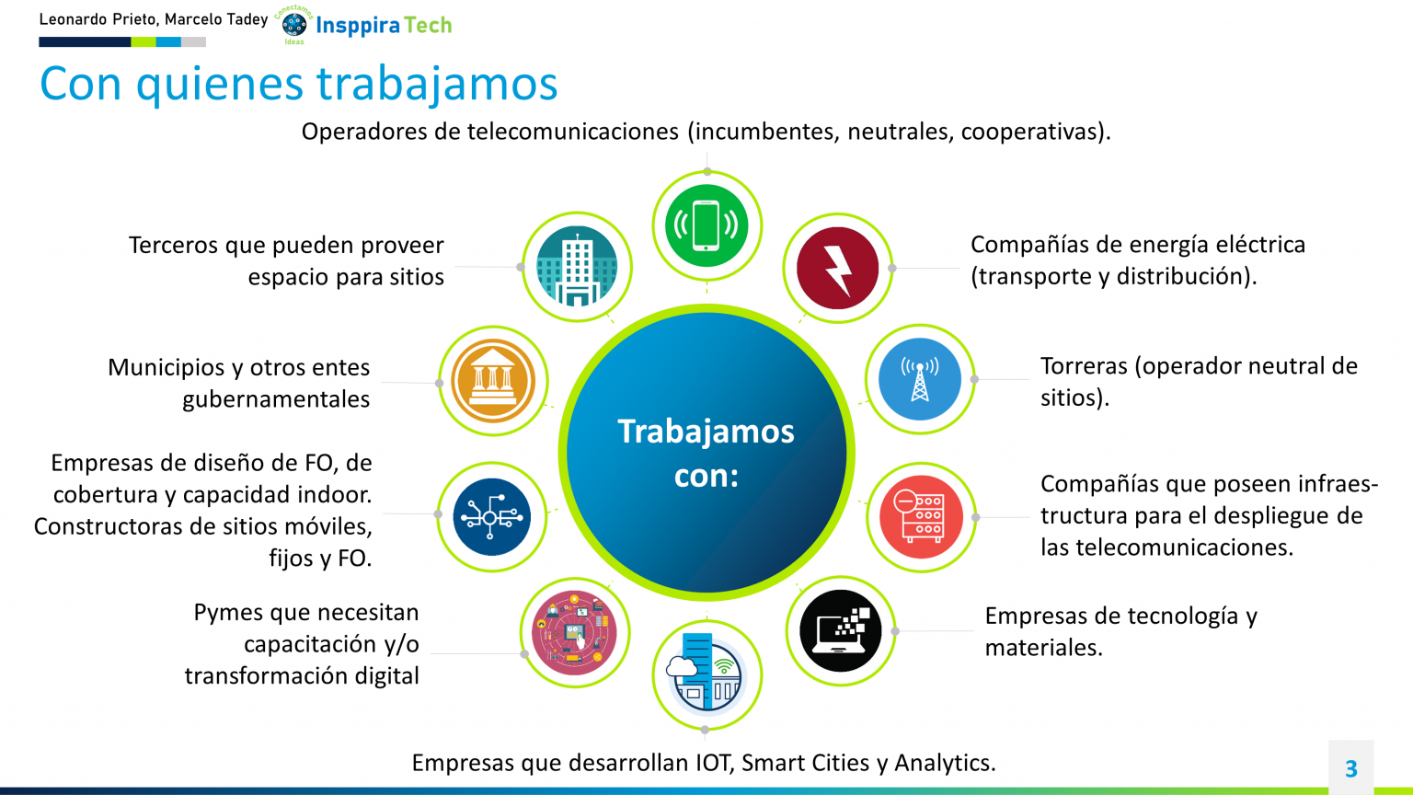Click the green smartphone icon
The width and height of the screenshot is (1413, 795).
tap(706, 225)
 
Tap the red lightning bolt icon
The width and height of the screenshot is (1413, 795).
tap(838, 268)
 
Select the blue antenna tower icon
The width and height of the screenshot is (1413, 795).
tap(920, 379)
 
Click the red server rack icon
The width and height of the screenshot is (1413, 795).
tap(921, 517)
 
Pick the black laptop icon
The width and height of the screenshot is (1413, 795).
tap(841, 630)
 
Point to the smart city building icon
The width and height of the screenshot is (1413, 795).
tap(707, 674)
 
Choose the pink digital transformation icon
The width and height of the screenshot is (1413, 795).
tap(574, 632)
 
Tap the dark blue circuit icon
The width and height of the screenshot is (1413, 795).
tap(492, 517)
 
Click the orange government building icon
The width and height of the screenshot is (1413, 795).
tap(493, 380)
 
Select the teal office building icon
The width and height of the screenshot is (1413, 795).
tap(577, 266)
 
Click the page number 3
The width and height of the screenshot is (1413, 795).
tap(1351, 768)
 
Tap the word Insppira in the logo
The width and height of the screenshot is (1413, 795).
tap(358, 26)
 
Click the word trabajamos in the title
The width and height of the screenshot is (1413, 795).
tap(437, 84)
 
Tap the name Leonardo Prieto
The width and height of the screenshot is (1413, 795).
tap(99, 19)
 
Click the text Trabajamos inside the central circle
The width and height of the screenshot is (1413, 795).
tap(706, 432)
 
